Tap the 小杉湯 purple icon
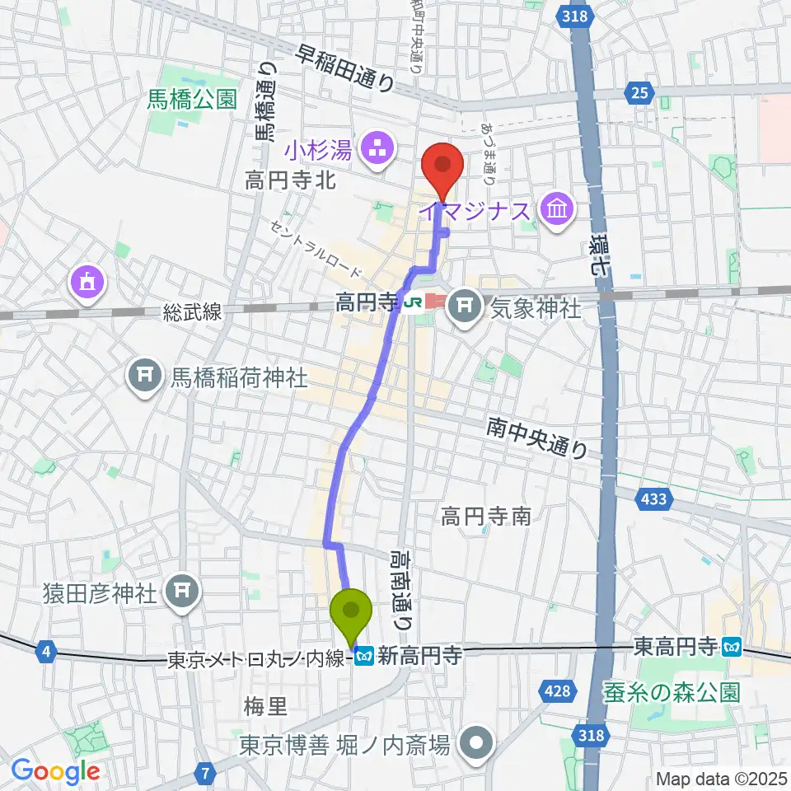click(x=380, y=151)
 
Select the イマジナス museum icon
click(x=556, y=211)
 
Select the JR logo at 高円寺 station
click(x=412, y=303)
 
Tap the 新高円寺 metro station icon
click(x=366, y=655)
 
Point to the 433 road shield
click(x=655, y=498)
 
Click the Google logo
click(x=55, y=771)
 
